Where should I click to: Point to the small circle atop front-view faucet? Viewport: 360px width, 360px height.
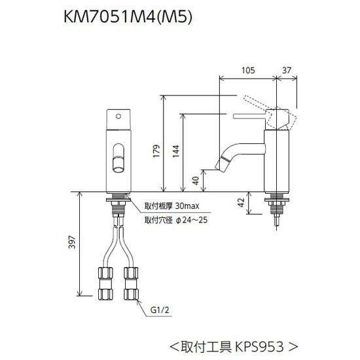point(118,115)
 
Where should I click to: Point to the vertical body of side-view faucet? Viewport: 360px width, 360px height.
point(274,160)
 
